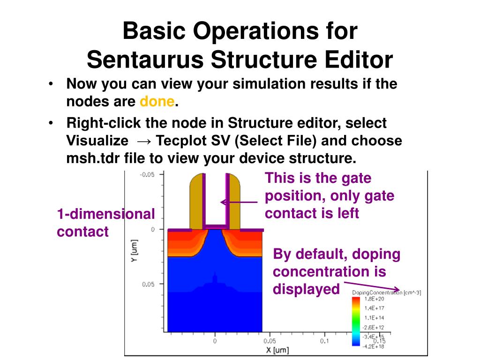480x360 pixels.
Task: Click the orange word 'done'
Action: pyautogui.click(x=157, y=101)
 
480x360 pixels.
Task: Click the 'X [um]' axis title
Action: pyautogui.click(x=276, y=350)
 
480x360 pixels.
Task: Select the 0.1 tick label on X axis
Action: pyautogui.click(x=324, y=341)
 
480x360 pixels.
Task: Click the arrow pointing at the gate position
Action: pyautogui.click(x=239, y=202)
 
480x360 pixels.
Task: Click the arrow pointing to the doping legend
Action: pyautogui.click(x=373, y=286)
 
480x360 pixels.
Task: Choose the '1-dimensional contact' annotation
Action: pyautogui.click(x=105, y=223)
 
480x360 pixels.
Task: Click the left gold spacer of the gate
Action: pyautogui.click(x=196, y=202)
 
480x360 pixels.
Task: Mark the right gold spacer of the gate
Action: pyautogui.click(x=234, y=202)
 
